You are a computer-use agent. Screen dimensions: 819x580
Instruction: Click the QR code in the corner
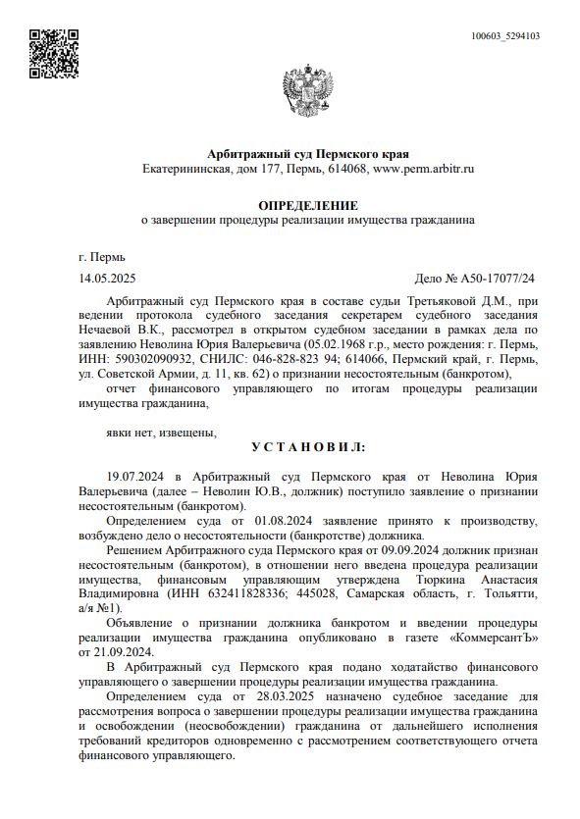pos(54,54)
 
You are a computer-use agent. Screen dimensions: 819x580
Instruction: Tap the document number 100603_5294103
pos(505,36)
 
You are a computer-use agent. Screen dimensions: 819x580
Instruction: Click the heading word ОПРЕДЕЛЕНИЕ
pos(307,205)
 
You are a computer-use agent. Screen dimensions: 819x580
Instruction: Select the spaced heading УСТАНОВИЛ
pos(307,446)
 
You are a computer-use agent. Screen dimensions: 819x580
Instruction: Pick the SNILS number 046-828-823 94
pos(273,359)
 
